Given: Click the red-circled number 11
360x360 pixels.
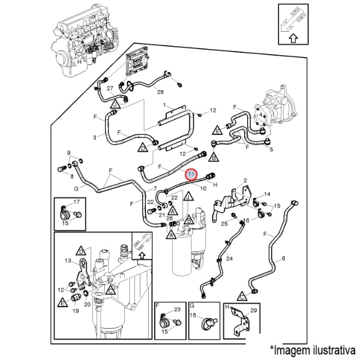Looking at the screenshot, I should [x=191, y=175].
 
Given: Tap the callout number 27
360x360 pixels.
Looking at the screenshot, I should [x=110, y=88].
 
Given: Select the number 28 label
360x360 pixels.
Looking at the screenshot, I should [x=160, y=91].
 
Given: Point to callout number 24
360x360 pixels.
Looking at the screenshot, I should [x=229, y=259].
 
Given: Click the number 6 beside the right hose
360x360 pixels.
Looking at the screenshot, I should [x=283, y=258].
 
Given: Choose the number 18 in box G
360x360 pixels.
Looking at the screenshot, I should [x=193, y=315].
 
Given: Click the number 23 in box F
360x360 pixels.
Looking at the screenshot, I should [x=176, y=309].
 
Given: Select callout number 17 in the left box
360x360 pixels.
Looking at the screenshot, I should [x=76, y=202].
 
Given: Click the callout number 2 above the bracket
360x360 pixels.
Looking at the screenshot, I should [x=245, y=180].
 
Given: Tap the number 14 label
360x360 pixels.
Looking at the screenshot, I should [x=268, y=194].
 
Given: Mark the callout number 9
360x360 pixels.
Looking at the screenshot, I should [x=68, y=153].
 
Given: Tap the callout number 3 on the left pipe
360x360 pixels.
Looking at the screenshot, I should [x=94, y=138].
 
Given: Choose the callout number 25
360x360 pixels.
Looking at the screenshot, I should [x=223, y=224].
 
